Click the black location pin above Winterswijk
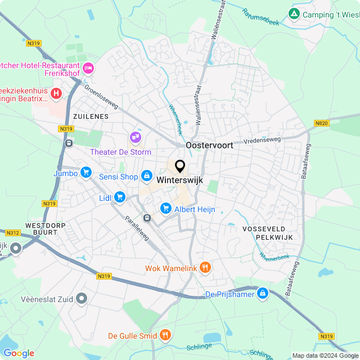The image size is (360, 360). tap(180, 166)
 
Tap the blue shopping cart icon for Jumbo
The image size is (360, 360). tap(85, 172)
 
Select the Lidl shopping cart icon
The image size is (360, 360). tap(119, 196)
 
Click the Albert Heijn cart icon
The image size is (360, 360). tap(165, 209)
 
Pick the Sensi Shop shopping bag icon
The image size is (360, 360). tap(147, 177)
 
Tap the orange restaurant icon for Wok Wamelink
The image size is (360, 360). tap(205, 268)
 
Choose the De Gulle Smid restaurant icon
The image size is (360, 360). tap(165, 336)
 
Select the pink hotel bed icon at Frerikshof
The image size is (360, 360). tap(88, 69)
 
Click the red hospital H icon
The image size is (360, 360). tap(56, 93)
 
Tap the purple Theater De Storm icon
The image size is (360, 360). tap(135, 137)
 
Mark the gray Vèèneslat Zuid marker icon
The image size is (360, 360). tap(83, 299)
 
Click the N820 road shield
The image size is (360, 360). tap(322, 123)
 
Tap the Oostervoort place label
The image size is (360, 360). tap(209, 145)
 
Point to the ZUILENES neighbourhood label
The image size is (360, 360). tap(90, 116)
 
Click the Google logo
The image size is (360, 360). tap(19, 353)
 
